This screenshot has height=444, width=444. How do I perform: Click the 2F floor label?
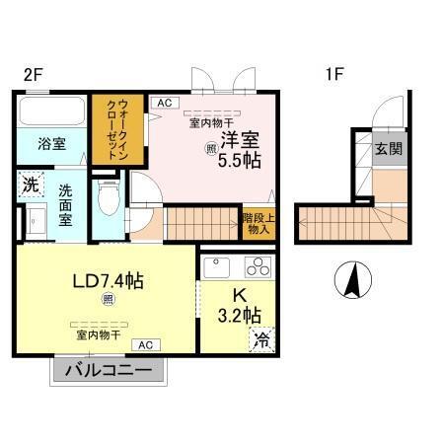coord(34,72)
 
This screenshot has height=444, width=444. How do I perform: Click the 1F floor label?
coord(334,72)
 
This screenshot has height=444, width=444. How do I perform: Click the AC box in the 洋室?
coord(163,102)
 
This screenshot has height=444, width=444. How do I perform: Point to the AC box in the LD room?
coord(145,344)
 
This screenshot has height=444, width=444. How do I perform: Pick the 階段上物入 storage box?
coord(258,224)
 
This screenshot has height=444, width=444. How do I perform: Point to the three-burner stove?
coord(259,266)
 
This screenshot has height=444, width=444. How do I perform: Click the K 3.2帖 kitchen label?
coord(240,307)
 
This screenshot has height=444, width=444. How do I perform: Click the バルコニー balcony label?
coord(110,371)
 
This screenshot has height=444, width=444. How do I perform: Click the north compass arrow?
coord(352,280)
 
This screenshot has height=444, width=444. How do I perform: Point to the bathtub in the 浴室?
coord(51,111)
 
